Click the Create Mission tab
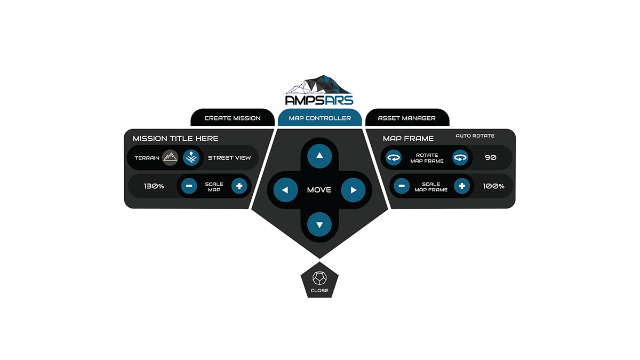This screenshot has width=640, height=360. pyautogui.click(x=233, y=118)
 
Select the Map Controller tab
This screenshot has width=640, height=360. pyautogui.click(x=320, y=118)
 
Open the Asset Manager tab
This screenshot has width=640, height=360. pyautogui.click(x=407, y=118)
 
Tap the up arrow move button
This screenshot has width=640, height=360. pyautogui.click(x=320, y=156)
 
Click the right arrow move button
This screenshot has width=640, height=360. pyautogui.click(x=353, y=190)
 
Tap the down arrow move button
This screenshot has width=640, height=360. pyautogui.click(x=320, y=225)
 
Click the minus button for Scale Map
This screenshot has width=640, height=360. pyautogui.click(x=189, y=186)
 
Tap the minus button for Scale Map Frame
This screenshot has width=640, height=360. pyautogui.click(x=402, y=186)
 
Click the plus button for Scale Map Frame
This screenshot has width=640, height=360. pyautogui.click(x=462, y=186)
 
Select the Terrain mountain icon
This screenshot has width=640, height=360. pyautogui.click(x=170, y=158)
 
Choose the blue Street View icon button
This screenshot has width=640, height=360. pyautogui.click(x=191, y=158)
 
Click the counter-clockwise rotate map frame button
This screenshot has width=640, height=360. pyautogui.click(x=394, y=158)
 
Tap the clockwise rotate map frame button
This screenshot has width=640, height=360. pyautogui.click(x=460, y=158)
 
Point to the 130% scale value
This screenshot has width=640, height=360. pyautogui.click(x=154, y=187)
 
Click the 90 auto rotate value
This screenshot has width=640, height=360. pyautogui.click(x=491, y=158)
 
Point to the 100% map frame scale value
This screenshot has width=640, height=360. pyautogui.click(x=494, y=187)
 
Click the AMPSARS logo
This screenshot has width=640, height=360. pyautogui.click(x=319, y=91)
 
